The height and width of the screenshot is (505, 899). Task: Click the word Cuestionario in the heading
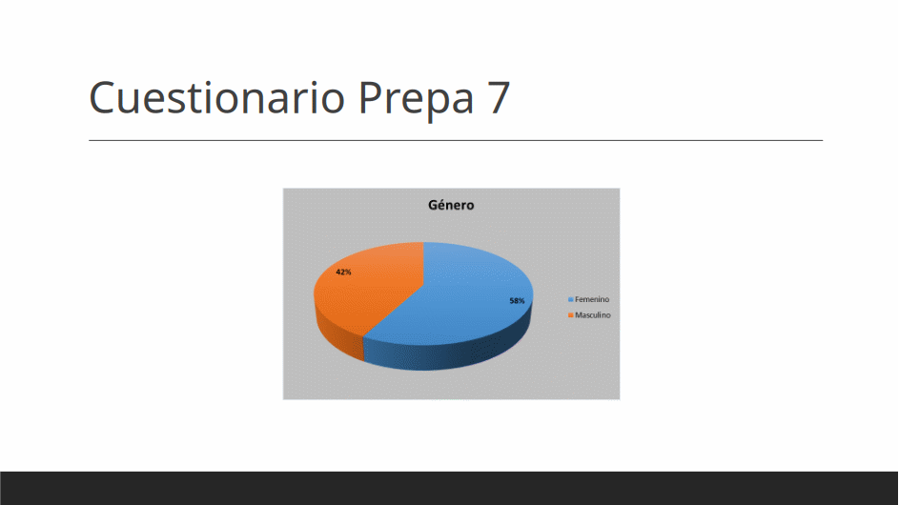point(216,97)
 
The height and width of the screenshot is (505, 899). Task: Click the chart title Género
point(451,205)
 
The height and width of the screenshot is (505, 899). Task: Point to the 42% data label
point(343,273)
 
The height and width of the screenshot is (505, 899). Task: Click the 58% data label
point(517,301)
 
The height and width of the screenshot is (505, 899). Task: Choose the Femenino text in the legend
point(592,300)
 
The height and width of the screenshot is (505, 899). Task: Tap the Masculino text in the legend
point(593,315)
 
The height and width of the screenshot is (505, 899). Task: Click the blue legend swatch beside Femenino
point(570,300)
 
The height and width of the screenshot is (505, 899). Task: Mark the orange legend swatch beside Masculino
point(570,315)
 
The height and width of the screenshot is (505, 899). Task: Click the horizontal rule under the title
point(456,140)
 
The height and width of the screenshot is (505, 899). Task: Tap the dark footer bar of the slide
point(450,489)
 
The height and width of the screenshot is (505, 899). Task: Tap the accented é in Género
point(443,205)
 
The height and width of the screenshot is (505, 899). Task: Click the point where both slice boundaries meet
point(423,284)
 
